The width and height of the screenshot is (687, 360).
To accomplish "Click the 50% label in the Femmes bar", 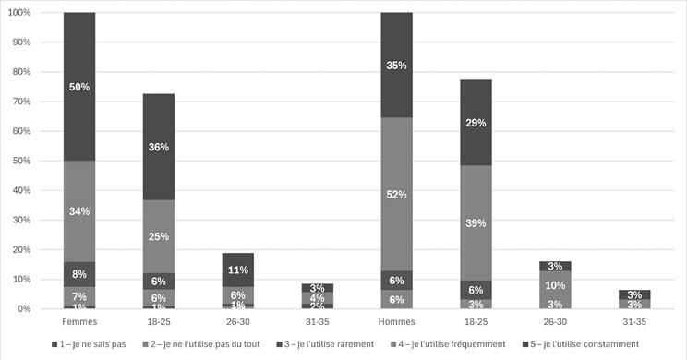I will (x=79, y=86).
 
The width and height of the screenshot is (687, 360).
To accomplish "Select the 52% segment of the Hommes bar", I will (x=397, y=195).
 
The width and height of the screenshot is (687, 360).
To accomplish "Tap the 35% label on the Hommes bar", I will (x=397, y=66).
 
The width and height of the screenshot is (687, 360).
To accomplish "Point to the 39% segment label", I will (x=476, y=224).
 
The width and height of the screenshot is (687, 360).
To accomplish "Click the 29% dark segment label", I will (x=476, y=123).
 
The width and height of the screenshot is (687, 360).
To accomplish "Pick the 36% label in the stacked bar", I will (x=159, y=147).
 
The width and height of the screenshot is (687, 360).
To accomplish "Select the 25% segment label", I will (x=159, y=236).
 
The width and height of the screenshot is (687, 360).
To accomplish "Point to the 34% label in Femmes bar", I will (x=79, y=211).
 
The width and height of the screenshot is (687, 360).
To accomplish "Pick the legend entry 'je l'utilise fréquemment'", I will (x=452, y=344).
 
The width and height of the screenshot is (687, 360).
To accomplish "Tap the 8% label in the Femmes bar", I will (x=79, y=273).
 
